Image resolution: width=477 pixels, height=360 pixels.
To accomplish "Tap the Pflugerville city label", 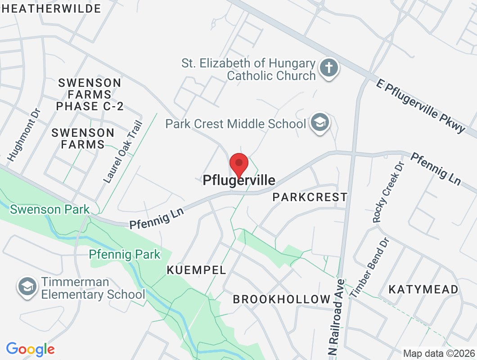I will (x=239, y=180).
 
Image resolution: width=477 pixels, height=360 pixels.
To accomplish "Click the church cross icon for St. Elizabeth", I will (x=329, y=69).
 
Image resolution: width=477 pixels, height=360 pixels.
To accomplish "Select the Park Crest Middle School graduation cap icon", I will (x=319, y=122).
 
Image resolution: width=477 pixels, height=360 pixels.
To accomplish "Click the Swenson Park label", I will (x=49, y=209).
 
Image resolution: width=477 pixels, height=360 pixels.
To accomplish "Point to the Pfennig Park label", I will (x=125, y=254).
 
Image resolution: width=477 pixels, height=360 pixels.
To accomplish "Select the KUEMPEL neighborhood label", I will (x=196, y=270).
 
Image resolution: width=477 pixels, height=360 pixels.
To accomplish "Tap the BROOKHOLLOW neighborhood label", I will (x=282, y=299).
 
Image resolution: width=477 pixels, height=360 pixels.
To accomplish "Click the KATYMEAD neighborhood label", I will (x=423, y=289).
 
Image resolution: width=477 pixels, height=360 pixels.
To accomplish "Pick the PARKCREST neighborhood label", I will (x=310, y=197).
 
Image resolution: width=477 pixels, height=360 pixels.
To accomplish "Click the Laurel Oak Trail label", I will (x=123, y=152).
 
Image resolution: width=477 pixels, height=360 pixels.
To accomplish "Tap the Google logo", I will (x=31, y=349).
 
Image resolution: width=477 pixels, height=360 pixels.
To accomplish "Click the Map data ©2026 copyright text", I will (x=439, y=354).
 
